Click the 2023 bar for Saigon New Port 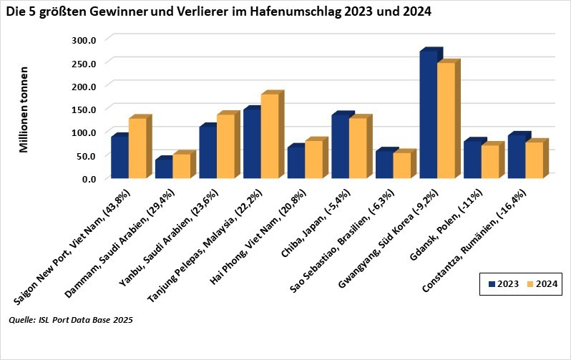pyautogui.click(x=119, y=157)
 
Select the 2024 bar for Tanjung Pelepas pyautogui.click(x=270, y=137)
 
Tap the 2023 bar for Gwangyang pyautogui.click(x=428, y=115)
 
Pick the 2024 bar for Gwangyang pyautogui.click(x=446, y=121)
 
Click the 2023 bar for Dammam pyautogui.click(x=164, y=169)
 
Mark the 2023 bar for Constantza pyautogui.click(x=516, y=157)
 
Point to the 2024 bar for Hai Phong pyautogui.click(x=313, y=160)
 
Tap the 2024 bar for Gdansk pyautogui.click(x=490, y=162)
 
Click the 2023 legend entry pyautogui.click(x=504, y=284)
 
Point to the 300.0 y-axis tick pyautogui.click(x=84, y=39)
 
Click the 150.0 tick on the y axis pyautogui.click(x=84, y=109)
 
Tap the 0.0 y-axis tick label pyautogui.click(x=89, y=178)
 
